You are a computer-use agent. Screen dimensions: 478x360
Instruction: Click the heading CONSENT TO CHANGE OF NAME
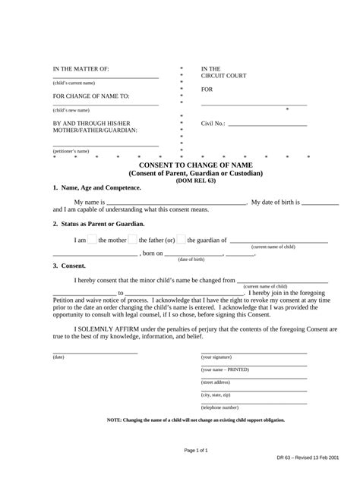(x=195, y=165)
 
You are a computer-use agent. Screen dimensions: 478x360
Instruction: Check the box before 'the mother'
(x=93, y=240)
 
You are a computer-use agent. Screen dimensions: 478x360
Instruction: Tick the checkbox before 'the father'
(x=132, y=240)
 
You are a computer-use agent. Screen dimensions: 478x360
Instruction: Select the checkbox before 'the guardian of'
(x=181, y=240)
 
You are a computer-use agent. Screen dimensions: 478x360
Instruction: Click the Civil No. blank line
(x=267, y=124)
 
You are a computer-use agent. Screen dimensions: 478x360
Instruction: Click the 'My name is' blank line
(x=176, y=203)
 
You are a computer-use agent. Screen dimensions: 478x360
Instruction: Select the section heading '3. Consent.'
(x=69, y=266)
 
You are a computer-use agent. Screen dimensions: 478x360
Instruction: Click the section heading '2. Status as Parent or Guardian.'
(x=99, y=224)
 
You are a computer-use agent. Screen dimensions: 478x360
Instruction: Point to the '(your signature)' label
(x=217, y=357)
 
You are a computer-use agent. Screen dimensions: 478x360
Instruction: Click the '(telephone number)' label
(x=220, y=407)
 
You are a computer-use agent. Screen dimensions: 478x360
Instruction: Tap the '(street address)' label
(x=216, y=382)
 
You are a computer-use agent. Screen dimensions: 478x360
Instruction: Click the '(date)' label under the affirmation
(x=58, y=357)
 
